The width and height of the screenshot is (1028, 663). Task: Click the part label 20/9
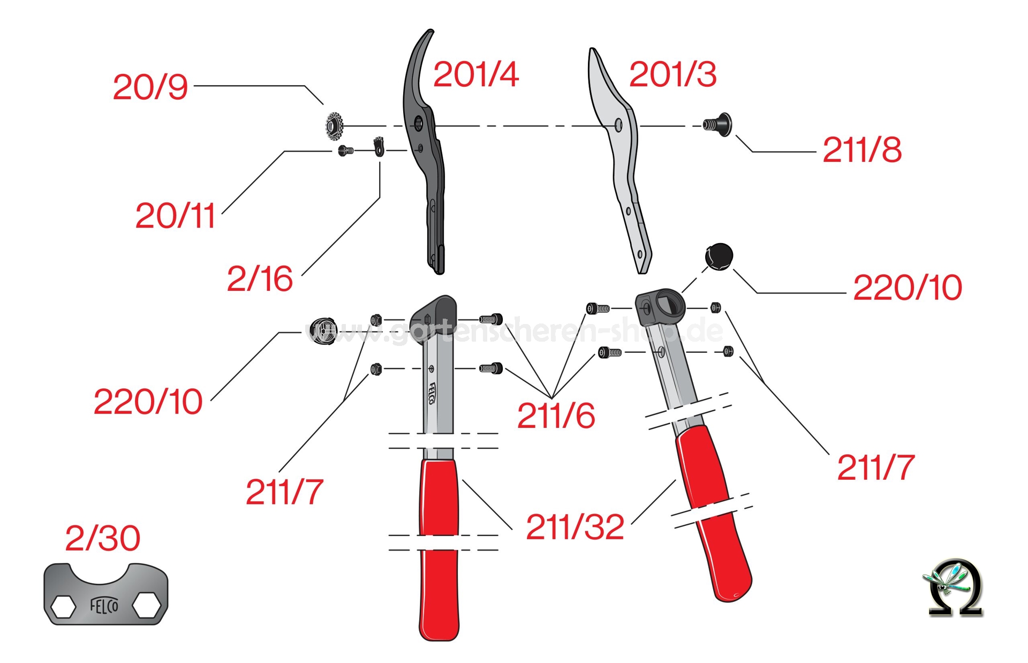coord(150,87)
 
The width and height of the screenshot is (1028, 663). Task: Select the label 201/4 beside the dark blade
coord(475,74)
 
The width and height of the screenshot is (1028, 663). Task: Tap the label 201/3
coord(672,74)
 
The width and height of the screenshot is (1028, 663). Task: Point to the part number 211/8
coord(861,150)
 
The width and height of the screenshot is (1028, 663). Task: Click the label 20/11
coord(175,216)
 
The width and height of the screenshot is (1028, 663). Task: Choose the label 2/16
coord(260,279)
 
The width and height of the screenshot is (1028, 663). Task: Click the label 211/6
coord(556,416)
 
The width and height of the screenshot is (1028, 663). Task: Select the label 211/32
coord(575,528)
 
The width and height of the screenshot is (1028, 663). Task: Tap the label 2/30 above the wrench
coord(103,539)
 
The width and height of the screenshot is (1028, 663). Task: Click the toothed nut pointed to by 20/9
coord(335,126)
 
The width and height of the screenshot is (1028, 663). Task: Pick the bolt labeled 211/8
coord(719,125)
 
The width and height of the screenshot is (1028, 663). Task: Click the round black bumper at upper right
coord(719,257)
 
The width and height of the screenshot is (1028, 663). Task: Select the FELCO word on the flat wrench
coord(104,606)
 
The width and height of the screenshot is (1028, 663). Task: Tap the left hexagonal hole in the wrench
coord(63,607)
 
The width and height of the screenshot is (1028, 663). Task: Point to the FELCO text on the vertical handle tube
coord(432,394)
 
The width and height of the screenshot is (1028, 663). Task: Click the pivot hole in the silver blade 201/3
coord(618,125)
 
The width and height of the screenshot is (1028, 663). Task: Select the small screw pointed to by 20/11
coord(346,151)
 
